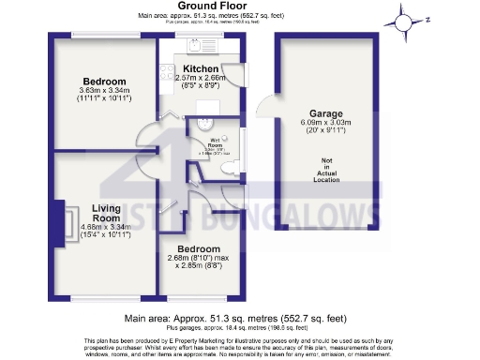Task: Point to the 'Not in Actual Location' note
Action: (326, 173)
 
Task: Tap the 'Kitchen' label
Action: (201, 69)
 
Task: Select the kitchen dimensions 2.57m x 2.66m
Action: (201, 79)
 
